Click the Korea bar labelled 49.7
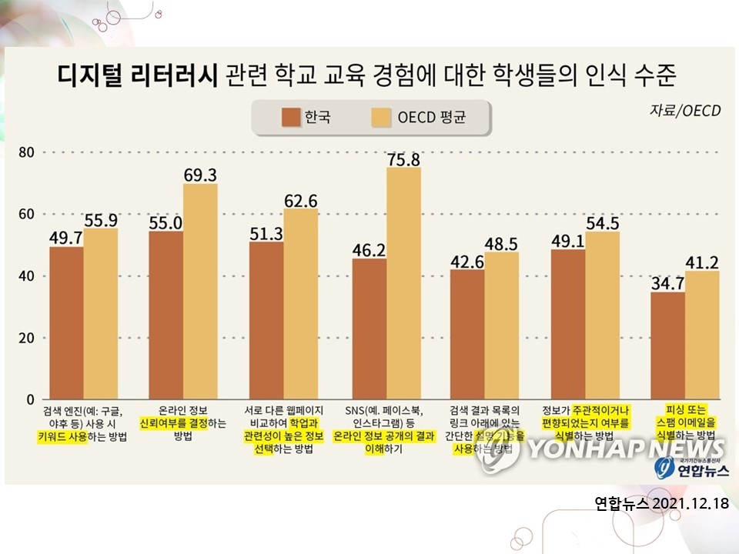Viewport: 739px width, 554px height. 66,323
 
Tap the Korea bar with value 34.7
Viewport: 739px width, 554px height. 667,346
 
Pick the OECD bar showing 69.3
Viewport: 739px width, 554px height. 200,292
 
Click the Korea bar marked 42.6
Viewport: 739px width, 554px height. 467,334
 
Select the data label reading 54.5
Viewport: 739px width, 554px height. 604,223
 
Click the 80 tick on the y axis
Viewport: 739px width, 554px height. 27,152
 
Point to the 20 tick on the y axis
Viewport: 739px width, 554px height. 27,338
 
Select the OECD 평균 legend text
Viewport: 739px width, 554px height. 432,118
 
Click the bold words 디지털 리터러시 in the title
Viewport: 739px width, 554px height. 138,75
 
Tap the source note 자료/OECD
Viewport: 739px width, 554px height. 685,111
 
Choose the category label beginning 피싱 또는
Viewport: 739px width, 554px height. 685,422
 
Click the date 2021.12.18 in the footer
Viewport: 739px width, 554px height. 690,504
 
